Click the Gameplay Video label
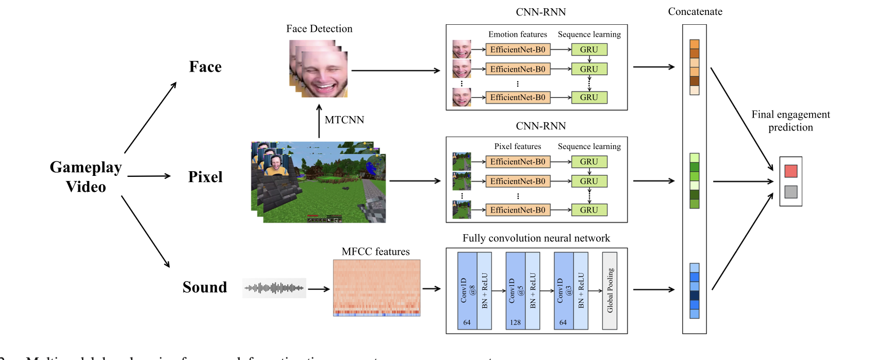[86, 176]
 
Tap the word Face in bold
[205, 67]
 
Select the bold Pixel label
[205, 177]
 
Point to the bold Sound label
[205, 287]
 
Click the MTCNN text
[344, 120]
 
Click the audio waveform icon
[274, 288]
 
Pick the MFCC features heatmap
[376, 288]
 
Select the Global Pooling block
[610, 290]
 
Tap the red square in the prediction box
[791, 171]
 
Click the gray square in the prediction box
[791, 192]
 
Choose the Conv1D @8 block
[467, 290]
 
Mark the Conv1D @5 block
[515, 290]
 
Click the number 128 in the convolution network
[515, 322]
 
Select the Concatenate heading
[695, 11]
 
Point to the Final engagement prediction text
[790, 121]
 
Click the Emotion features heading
[518, 35]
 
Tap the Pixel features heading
[518, 146]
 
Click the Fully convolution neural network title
[536, 238]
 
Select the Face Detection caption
[319, 29]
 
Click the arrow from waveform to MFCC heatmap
[319, 289]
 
